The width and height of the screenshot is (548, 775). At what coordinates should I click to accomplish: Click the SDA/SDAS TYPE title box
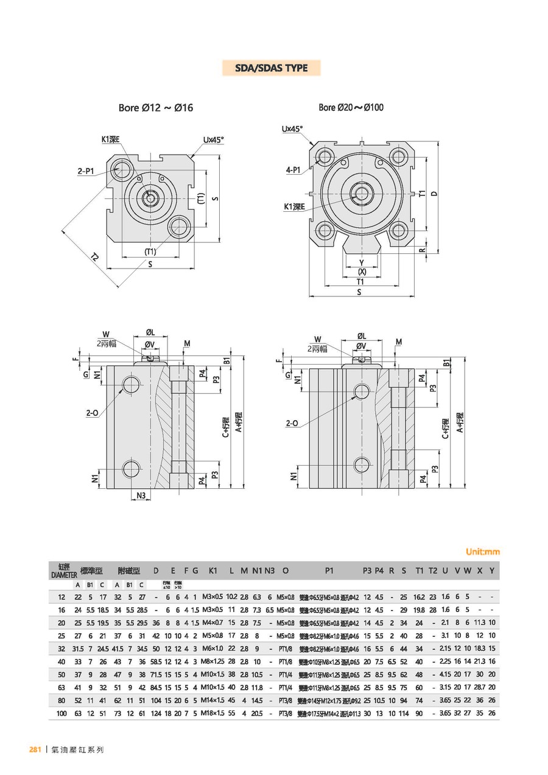click(271, 68)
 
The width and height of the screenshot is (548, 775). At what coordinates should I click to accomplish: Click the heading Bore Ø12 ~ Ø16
click(155, 108)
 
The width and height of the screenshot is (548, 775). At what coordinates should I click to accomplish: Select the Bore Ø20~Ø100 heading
click(351, 108)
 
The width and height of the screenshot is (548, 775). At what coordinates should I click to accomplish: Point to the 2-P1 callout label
click(86, 172)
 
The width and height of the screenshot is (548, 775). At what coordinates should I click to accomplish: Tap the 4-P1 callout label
click(293, 170)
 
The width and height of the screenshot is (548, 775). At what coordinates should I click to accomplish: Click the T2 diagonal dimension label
click(94, 258)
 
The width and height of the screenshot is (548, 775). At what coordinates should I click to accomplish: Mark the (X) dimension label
click(362, 272)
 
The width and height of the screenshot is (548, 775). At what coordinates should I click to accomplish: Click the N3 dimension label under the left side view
click(141, 496)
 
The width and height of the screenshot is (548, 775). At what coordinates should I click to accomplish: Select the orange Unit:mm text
click(482, 552)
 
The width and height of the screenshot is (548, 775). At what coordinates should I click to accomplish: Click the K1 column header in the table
click(213, 571)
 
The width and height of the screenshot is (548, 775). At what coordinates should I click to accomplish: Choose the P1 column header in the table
click(329, 571)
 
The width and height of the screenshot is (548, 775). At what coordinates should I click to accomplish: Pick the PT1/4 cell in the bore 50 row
click(285, 675)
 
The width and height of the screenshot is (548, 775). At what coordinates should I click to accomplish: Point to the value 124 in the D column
click(156, 713)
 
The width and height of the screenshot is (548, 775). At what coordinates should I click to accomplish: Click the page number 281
click(35, 750)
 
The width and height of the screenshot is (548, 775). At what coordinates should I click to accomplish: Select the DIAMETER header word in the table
click(63, 575)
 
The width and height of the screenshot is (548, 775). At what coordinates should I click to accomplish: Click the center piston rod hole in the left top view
click(150, 197)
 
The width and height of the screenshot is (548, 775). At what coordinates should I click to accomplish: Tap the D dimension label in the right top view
click(434, 194)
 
